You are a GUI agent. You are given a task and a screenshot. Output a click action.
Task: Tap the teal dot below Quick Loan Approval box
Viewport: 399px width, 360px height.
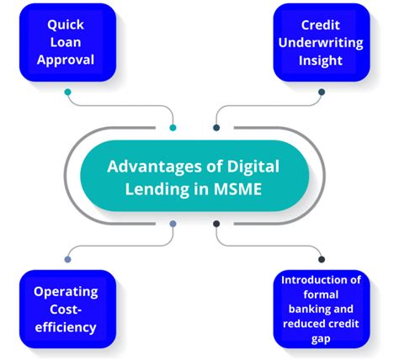click(x=68, y=92)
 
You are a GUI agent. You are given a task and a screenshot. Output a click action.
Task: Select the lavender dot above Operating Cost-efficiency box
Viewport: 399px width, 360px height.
click(x=68, y=261)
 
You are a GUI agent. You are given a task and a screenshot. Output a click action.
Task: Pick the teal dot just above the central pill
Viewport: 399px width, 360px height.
click(x=173, y=128)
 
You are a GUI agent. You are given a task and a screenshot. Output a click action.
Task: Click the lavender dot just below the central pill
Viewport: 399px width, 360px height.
click(x=173, y=224)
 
